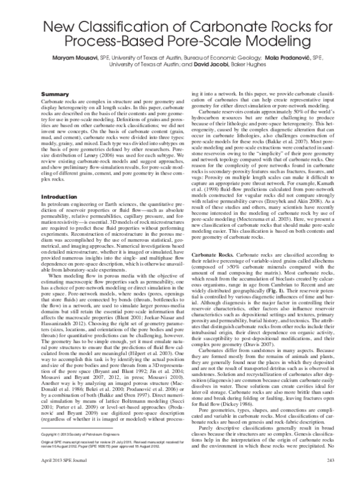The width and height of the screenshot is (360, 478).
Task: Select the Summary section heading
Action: point(53,95)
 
